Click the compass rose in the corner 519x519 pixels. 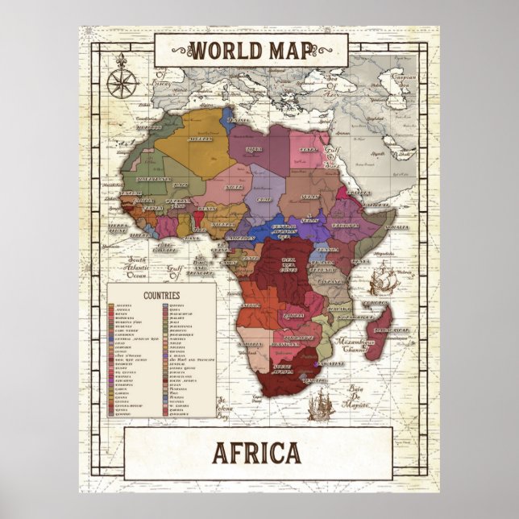pyautogui.click(x=124, y=75)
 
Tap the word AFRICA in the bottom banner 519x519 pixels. pyautogui.click(x=257, y=454)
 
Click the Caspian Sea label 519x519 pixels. pyautogui.click(x=407, y=81)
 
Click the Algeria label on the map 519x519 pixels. pyautogui.click(x=199, y=138)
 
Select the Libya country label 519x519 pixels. pyautogui.click(x=255, y=149)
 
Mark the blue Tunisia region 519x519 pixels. pyautogui.click(x=226, y=118)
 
